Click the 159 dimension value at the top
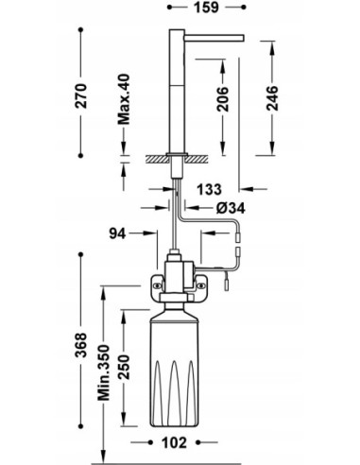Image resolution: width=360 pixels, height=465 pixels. point(206,8)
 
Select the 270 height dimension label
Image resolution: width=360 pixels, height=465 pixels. point(81,96)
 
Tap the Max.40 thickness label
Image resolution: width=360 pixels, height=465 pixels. point(124,99)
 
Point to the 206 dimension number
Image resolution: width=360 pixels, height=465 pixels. point(223,99)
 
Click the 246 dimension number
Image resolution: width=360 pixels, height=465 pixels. point(272,98)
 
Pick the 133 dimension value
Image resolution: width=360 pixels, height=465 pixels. point(209,189)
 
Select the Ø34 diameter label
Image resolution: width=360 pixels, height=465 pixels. point(231,208)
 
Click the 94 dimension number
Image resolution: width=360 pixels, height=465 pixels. point(117,233)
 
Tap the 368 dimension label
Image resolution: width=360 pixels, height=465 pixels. point(81,345)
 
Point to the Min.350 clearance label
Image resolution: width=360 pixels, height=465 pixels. point(104,372)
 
